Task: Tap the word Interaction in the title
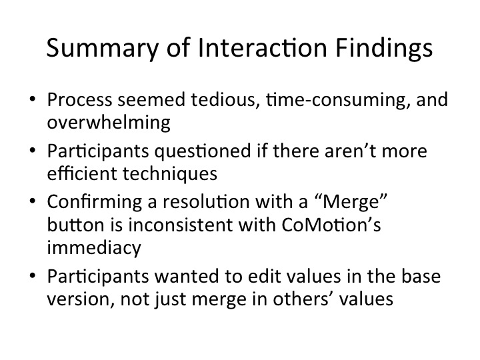(x=263, y=47)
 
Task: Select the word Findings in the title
(x=384, y=49)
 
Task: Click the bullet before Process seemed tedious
(x=33, y=99)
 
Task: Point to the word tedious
(x=223, y=100)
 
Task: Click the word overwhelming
(x=109, y=123)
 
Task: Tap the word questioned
(x=203, y=151)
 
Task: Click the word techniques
(x=170, y=174)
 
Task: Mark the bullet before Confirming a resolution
(x=33, y=201)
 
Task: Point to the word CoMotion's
(x=331, y=225)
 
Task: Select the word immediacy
(x=94, y=247)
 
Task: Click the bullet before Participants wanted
(x=33, y=275)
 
